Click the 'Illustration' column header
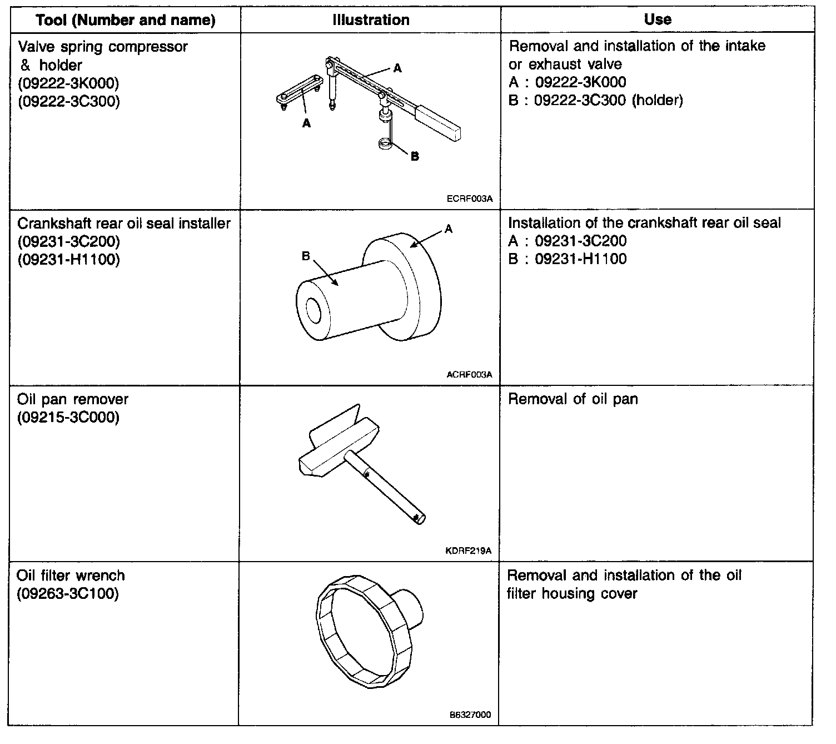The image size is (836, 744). [371, 20]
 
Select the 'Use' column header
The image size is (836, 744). [658, 19]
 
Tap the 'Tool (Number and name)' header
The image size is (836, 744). [126, 21]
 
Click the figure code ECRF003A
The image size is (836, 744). [470, 197]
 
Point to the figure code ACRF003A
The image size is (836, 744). [469, 374]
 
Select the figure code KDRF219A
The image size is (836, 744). [469, 552]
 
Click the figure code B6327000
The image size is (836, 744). [470, 715]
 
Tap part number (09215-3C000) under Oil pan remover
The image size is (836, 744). [68, 418]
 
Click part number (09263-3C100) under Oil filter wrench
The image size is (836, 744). [68, 594]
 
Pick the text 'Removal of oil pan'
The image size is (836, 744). [573, 399]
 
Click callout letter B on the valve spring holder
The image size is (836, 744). [415, 156]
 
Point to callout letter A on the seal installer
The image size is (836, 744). [449, 229]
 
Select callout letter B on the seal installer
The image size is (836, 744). [305, 256]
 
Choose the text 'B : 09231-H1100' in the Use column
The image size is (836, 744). [567, 259]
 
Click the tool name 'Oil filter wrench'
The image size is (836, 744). [71, 576]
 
